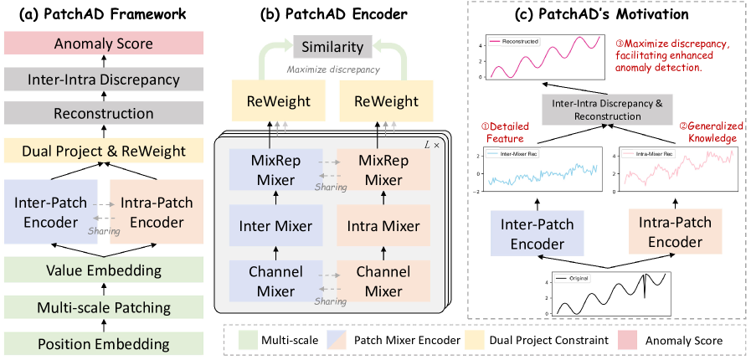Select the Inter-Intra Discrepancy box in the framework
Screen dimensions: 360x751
point(103,80)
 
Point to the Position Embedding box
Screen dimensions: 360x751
point(103,342)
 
